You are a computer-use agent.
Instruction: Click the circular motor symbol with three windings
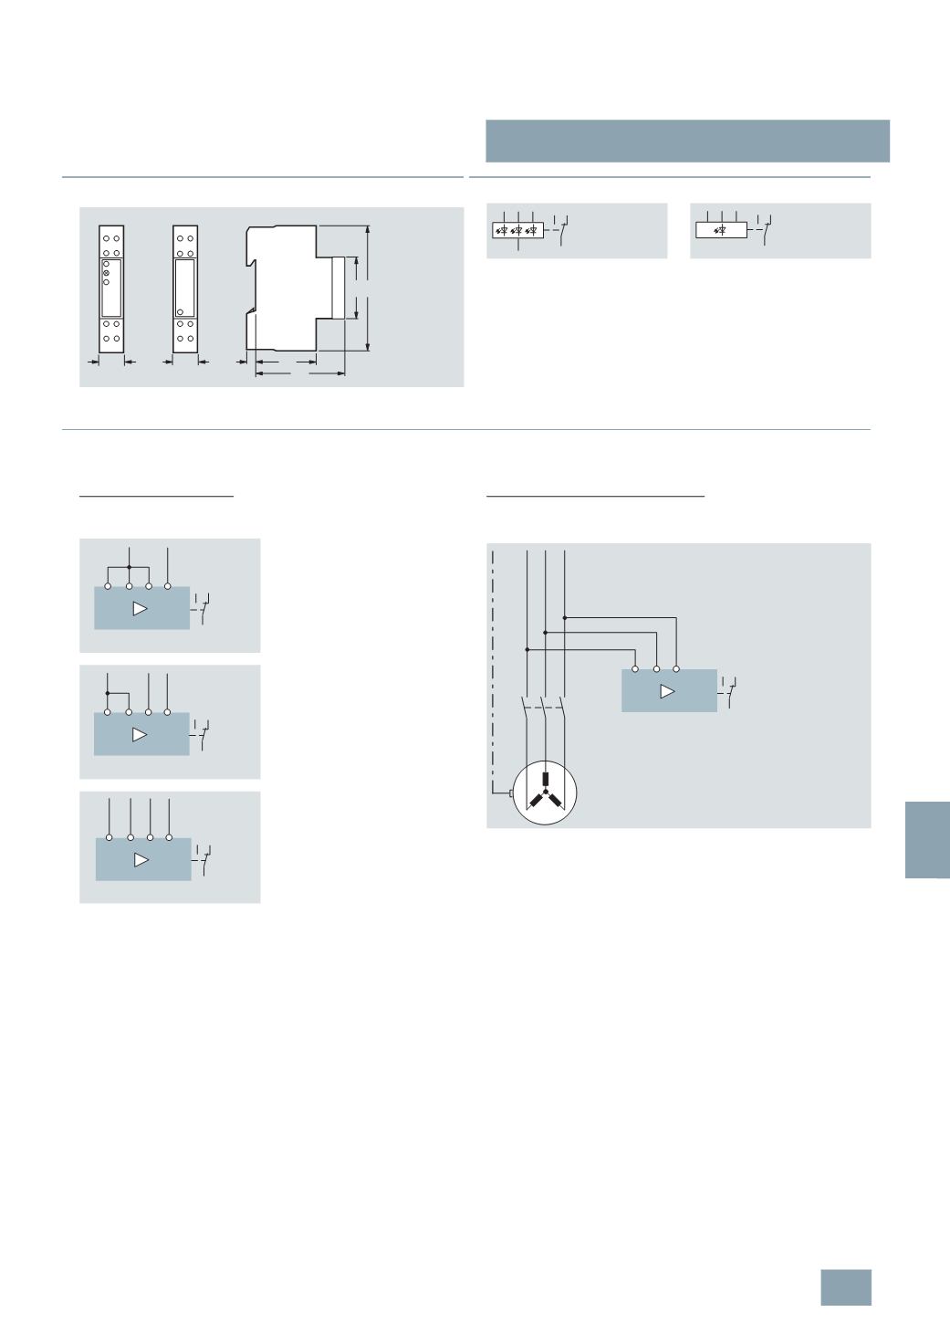point(545,793)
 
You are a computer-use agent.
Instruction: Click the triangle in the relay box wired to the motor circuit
point(667,691)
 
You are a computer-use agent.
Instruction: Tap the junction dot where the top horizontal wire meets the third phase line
point(565,618)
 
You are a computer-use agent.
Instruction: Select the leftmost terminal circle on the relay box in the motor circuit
point(635,669)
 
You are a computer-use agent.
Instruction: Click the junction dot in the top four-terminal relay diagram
point(129,567)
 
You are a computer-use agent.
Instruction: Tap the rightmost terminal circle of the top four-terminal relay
point(168,586)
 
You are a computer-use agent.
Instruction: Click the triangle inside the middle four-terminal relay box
point(140,734)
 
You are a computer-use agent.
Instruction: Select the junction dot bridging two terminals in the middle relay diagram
point(109,693)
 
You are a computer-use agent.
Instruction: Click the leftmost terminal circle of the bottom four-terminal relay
point(110,836)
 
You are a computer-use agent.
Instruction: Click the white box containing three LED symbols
point(517,230)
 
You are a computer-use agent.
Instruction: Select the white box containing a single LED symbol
point(721,230)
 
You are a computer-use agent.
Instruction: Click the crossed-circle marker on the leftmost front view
point(106,272)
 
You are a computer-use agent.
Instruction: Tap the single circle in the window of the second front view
point(181,311)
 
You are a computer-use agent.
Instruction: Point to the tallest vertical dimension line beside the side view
point(368,287)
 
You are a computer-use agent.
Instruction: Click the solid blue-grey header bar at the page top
point(687,141)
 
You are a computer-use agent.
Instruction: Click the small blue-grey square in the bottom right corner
point(845,1287)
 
